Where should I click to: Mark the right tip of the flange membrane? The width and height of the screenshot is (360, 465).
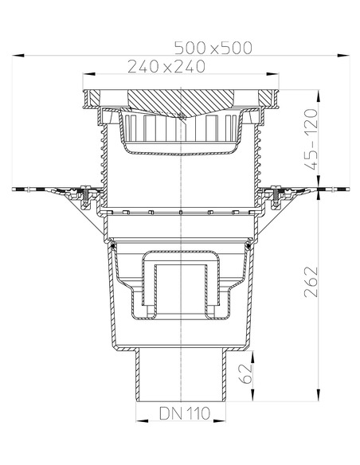tap(347, 189)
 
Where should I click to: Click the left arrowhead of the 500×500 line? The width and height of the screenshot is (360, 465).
tap(15, 55)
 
